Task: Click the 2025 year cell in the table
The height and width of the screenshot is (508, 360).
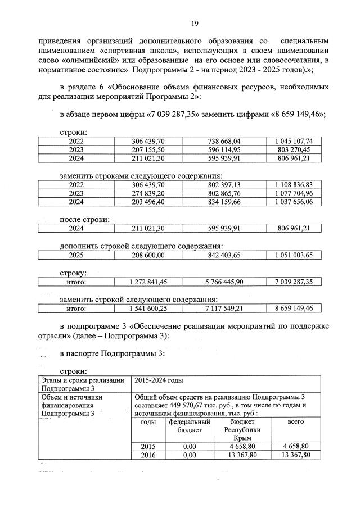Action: point(76,255)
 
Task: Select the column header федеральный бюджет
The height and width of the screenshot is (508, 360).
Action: point(189,425)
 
